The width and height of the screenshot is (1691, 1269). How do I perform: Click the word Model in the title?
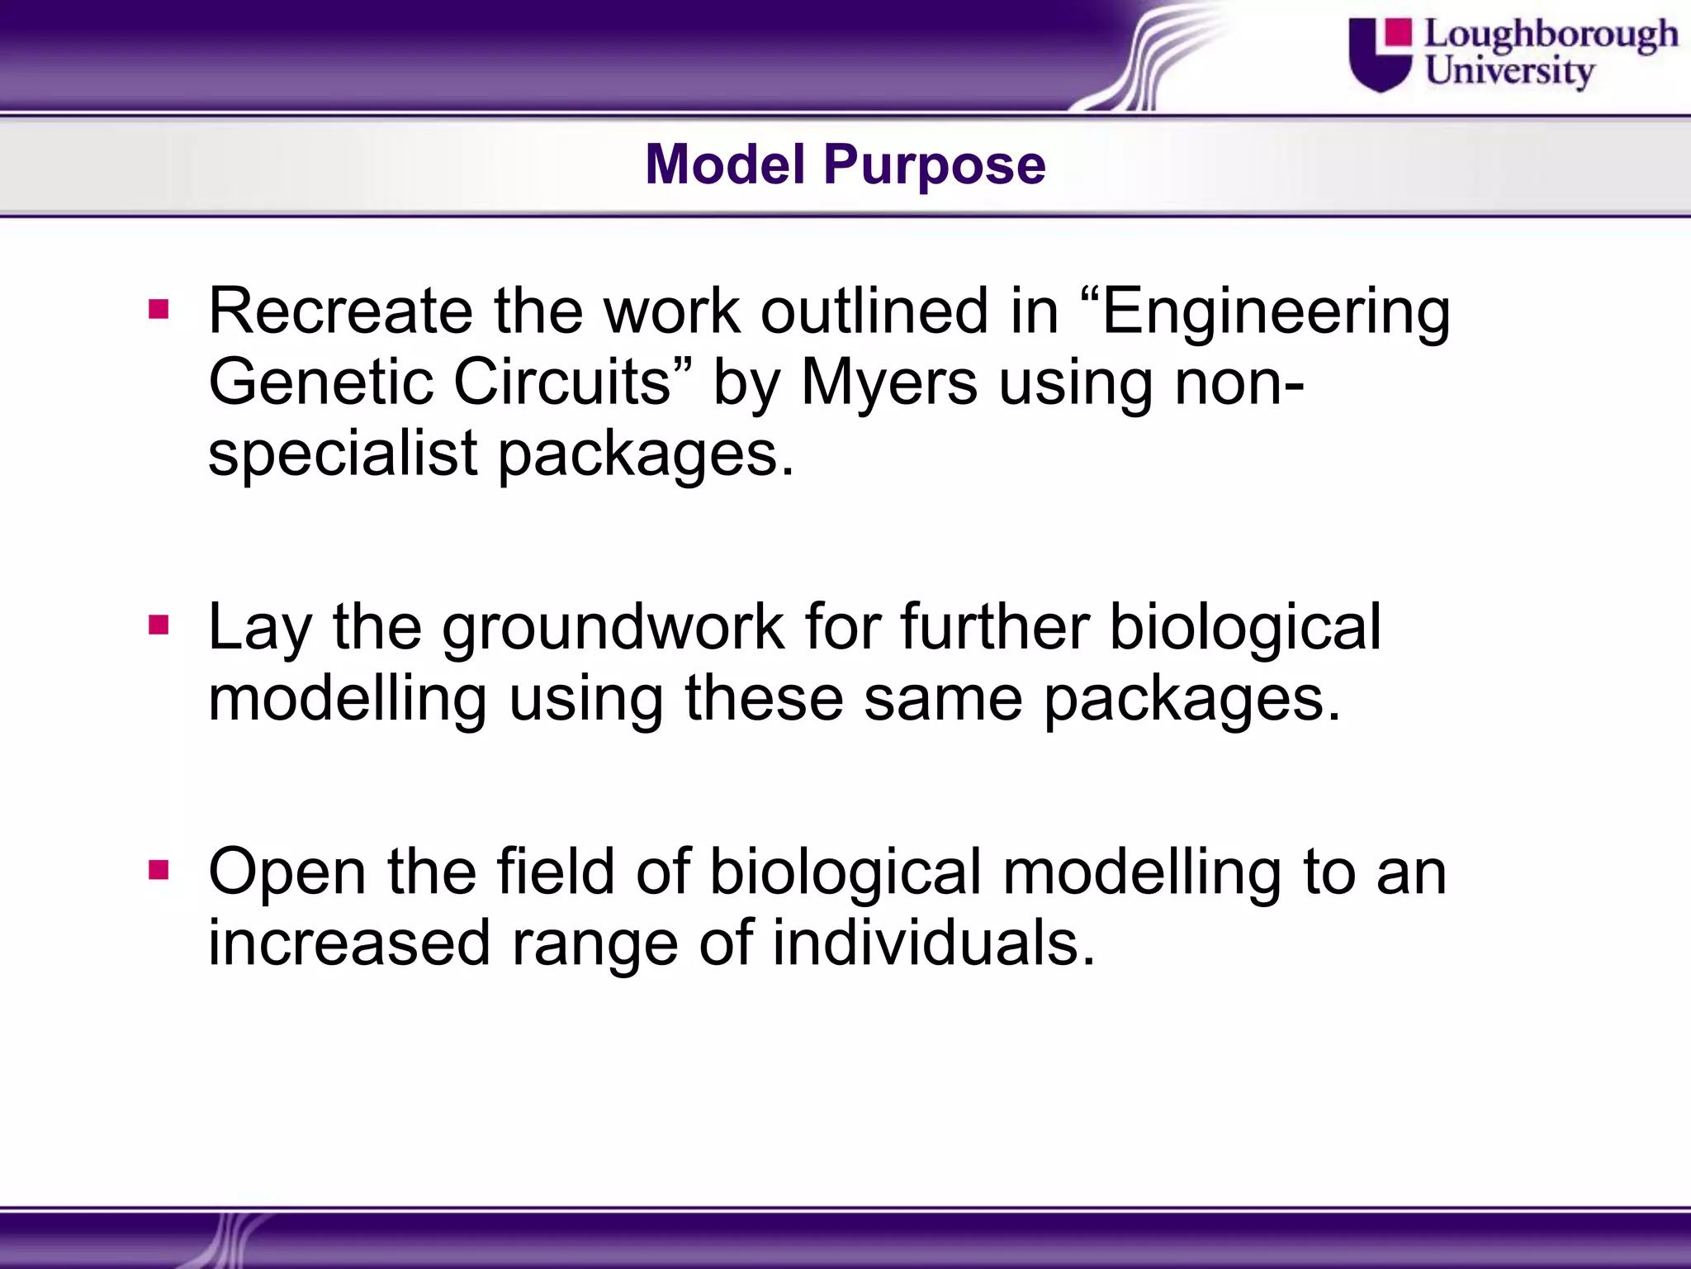click(725, 164)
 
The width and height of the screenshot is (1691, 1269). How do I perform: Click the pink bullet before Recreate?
click(159, 311)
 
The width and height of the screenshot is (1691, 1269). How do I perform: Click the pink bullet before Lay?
click(159, 626)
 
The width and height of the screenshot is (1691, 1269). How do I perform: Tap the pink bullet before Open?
click(159, 870)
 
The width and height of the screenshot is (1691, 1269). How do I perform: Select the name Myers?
click(889, 384)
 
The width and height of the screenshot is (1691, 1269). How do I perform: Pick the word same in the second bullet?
click(943, 699)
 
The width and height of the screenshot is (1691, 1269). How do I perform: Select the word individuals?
click(933, 943)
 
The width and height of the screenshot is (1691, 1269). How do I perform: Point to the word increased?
click(349, 943)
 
